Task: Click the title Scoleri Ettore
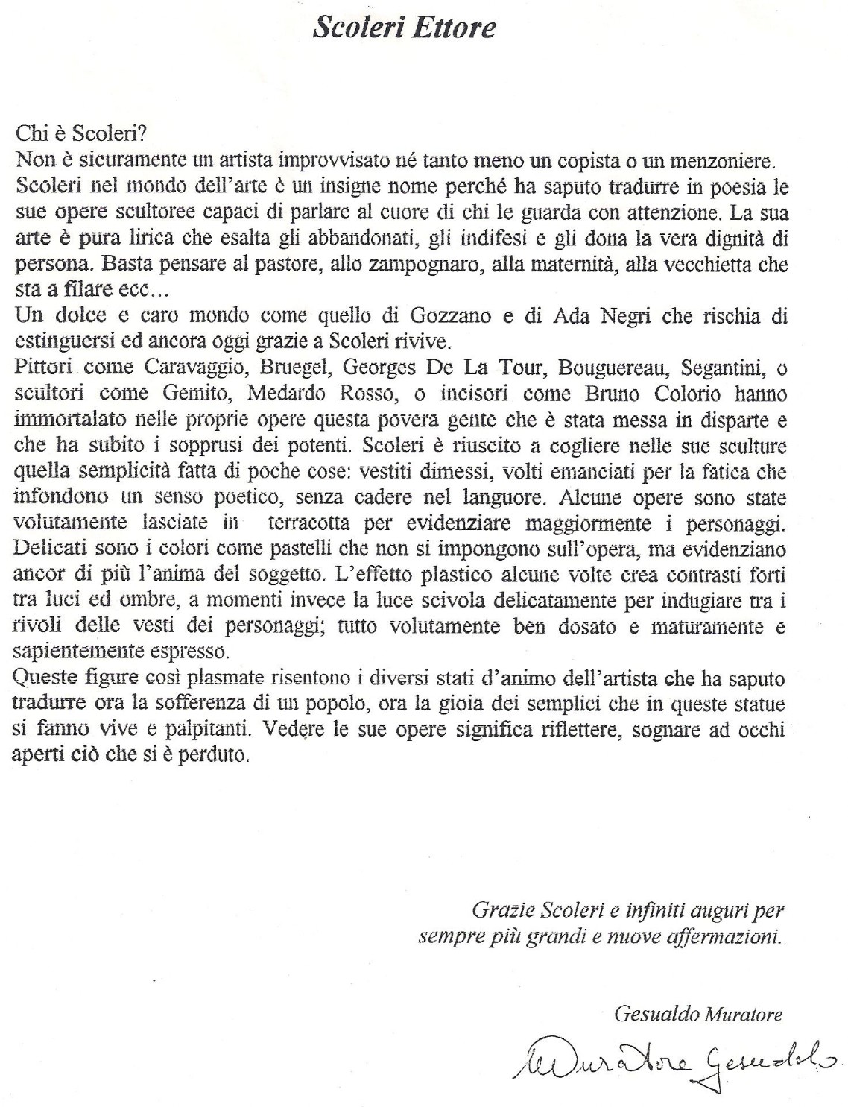coord(404,28)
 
